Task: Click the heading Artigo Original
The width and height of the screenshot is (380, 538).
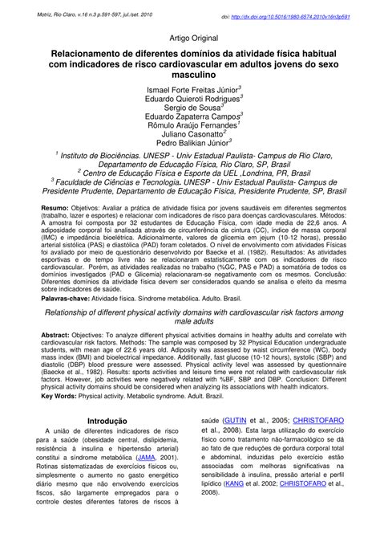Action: pyautogui.click(x=189, y=37)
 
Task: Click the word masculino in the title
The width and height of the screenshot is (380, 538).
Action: pyautogui.click(x=189, y=72)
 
